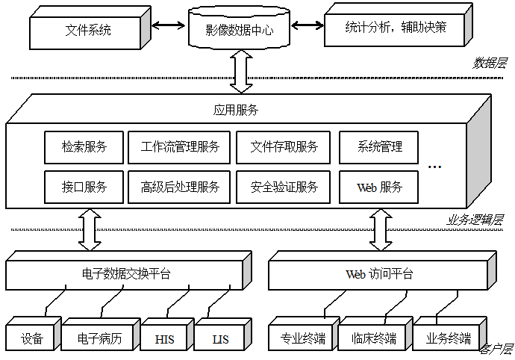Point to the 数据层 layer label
pyautogui.click(x=490, y=63)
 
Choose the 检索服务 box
pyautogui.click(x=84, y=147)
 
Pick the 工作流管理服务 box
pyautogui.click(x=180, y=147)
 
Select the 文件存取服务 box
pyautogui.click(x=284, y=147)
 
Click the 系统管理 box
pyautogui.click(x=379, y=147)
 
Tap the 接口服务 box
pyautogui.click(x=84, y=187)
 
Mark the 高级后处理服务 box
pyautogui.click(x=180, y=187)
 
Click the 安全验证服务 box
pyautogui.click(x=284, y=187)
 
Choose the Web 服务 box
pyautogui.click(x=379, y=187)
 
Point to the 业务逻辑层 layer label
pyautogui.click(x=475, y=220)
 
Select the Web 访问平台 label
pyautogui.click(x=379, y=274)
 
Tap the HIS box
pyautogui.click(x=165, y=338)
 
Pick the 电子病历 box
pyautogui.click(x=99, y=338)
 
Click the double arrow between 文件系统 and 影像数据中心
pyautogui.click(x=167, y=26)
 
